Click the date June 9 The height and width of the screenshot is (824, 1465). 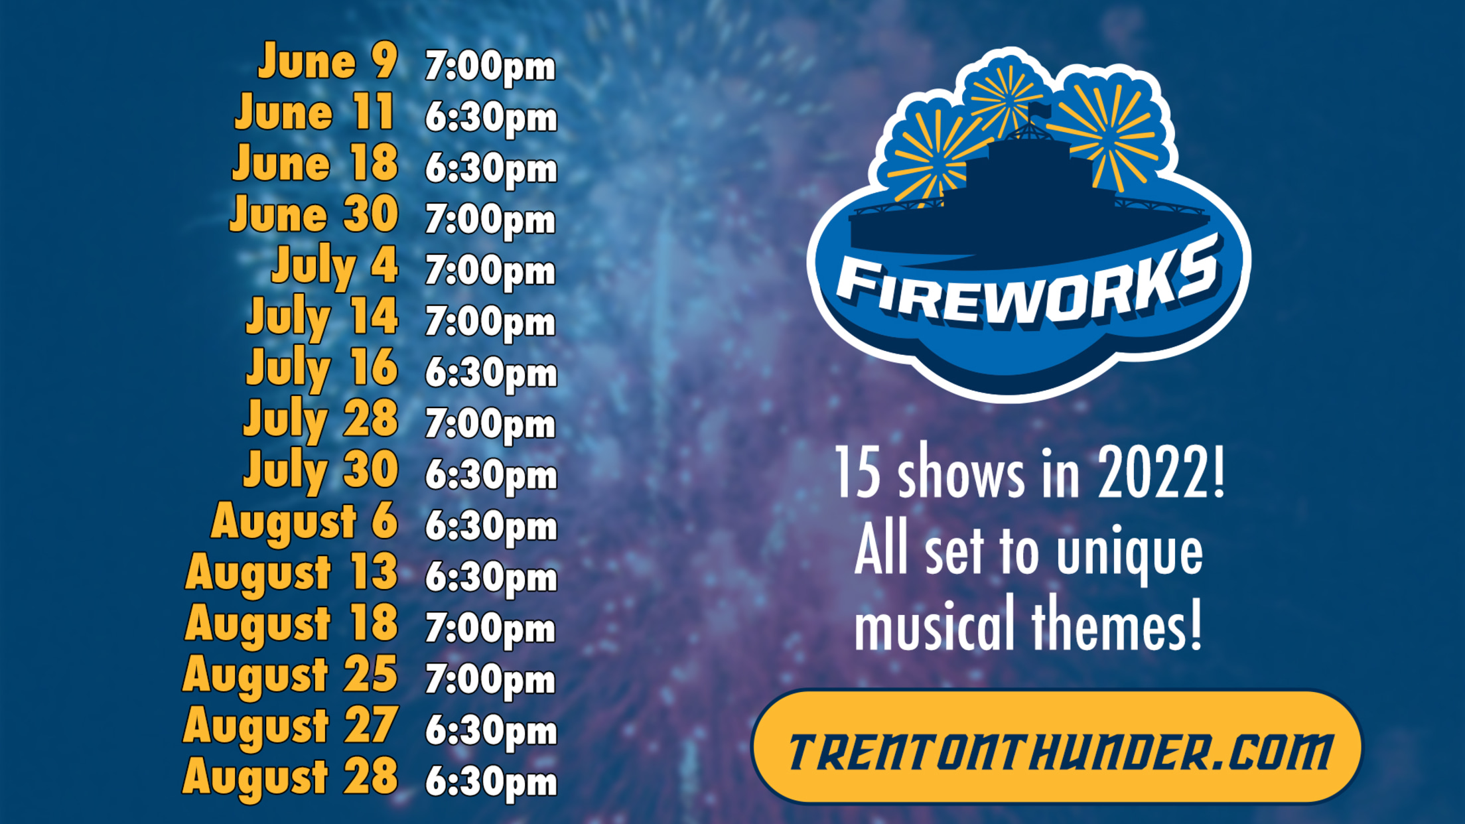coord(328,61)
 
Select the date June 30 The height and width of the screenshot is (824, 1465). coord(314,214)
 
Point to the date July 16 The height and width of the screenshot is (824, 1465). coord(322,368)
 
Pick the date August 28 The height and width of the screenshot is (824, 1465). coord(291,778)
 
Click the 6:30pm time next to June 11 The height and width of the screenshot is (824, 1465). coord(491,118)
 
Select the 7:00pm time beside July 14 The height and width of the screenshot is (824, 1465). coord(490,322)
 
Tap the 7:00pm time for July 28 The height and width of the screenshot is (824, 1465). coord(490,425)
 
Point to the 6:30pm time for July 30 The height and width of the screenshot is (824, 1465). coord(491,476)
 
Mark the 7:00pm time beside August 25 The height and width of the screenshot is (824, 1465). coord(490,680)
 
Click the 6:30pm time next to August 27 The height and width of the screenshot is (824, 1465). coord(491,731)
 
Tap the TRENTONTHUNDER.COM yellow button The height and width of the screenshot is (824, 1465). coord(1057,747)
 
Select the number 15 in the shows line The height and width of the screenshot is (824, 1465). coord(857,472)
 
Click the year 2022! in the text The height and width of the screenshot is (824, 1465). coord(1161,472)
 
